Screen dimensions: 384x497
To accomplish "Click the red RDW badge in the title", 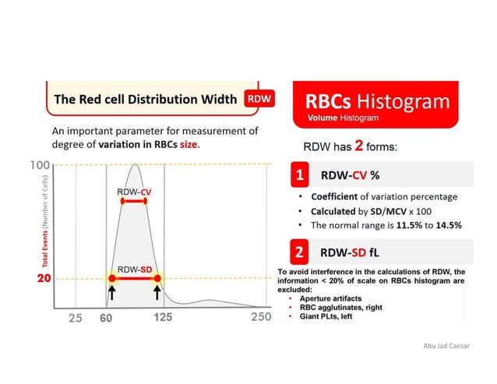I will (261, 100).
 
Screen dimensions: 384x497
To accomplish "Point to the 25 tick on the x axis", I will (75, 318).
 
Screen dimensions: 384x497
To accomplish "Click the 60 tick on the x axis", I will (106, 318).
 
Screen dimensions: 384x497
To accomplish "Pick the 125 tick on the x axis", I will (163, 318).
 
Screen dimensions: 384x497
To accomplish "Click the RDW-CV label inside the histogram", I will (134, 191).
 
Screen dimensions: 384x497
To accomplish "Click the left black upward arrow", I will (111, 294).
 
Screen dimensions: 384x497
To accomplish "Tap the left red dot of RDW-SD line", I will (111, 278).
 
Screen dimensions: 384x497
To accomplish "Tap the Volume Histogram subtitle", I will (343, 119).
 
